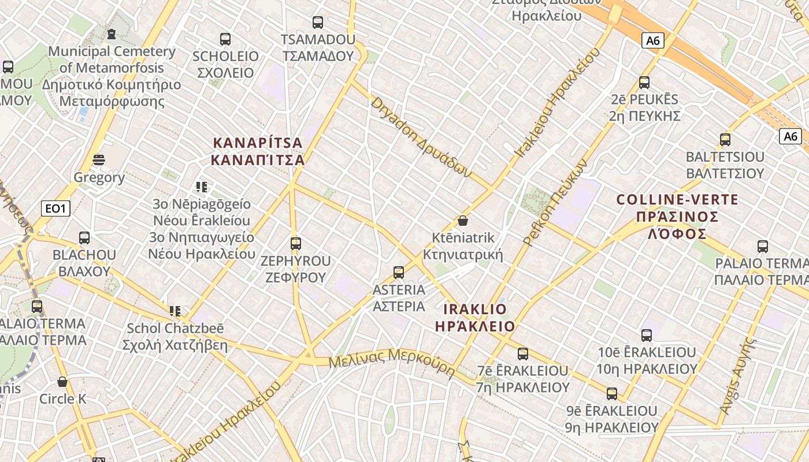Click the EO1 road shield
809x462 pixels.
[55, 208]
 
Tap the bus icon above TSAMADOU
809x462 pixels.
[317, 23]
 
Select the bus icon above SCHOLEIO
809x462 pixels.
[225, 39]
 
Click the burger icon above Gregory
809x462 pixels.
[99, 160]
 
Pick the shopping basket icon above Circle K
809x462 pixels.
[62, 382]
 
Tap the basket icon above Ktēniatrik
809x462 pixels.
[462, 221]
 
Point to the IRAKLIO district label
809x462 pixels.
[474, 318]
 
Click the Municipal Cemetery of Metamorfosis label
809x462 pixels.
[112, 76]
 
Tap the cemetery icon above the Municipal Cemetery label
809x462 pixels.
[112, 35]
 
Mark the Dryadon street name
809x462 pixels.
[422, 137]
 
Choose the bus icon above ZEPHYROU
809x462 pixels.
[296, 244]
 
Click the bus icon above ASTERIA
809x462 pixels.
[398, 273]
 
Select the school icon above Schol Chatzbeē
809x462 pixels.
[175, 311]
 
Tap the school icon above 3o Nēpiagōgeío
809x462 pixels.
[201, 187]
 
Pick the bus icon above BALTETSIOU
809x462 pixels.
[725, 140]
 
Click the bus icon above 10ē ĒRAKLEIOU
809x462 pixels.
[646, 335]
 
